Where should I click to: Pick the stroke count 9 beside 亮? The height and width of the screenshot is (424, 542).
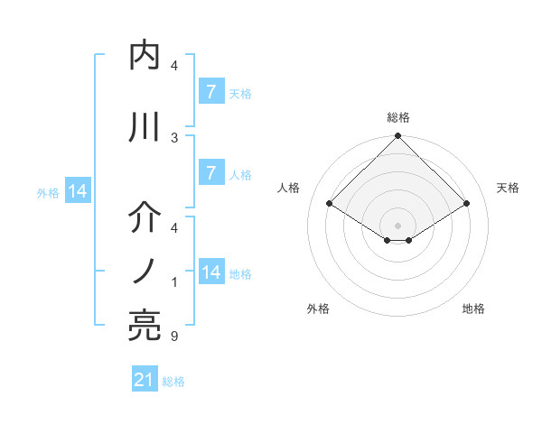(174, 337)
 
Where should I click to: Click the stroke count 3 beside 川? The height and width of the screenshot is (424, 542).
(174, 138)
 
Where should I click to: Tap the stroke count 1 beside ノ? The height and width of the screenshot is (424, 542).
(174, 282)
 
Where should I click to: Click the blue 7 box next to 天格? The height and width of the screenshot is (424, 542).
(210, 91)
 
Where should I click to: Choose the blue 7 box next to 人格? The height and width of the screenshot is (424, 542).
(210, 172)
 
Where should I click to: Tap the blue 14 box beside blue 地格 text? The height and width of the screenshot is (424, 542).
(210, 272)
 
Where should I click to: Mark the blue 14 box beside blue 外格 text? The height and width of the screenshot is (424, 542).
(78, 190)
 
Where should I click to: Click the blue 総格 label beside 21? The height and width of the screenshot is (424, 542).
(173, 382)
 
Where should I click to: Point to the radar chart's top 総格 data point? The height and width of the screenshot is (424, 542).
(397, 137)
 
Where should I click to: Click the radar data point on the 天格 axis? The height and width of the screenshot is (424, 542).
(467, 204)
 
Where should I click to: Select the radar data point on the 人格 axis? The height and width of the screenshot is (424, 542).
(329, 204)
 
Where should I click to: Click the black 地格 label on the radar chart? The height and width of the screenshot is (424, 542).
(473, 309)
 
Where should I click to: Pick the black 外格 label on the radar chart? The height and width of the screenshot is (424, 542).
(318, 309)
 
